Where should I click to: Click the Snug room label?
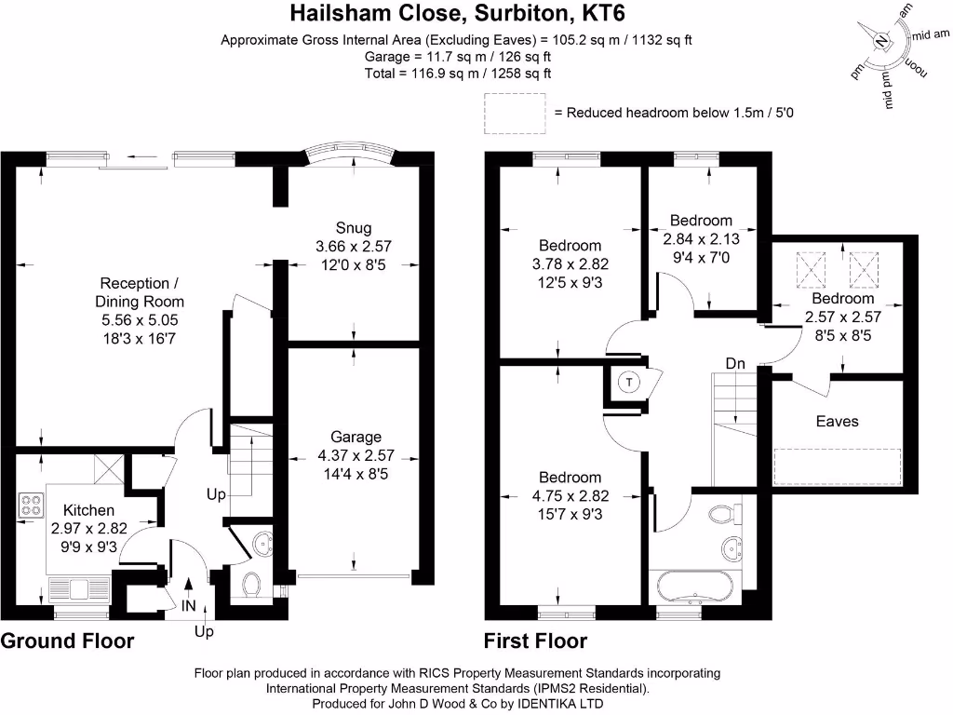click(x=354, y=228)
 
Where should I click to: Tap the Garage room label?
click(x=356, y=437)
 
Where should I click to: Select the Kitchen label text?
click(x=88, y=510)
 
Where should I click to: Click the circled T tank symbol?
click(x=629, y=383)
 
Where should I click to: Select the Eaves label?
click(x=837, y=421)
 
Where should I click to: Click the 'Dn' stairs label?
click(x=736, y=362)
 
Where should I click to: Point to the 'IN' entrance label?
click(x=189, y=606)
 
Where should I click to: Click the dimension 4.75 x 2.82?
click(x=560, y=495)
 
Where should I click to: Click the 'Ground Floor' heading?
click(x=67, y=641)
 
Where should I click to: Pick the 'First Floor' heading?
click(x=535, y=641)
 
